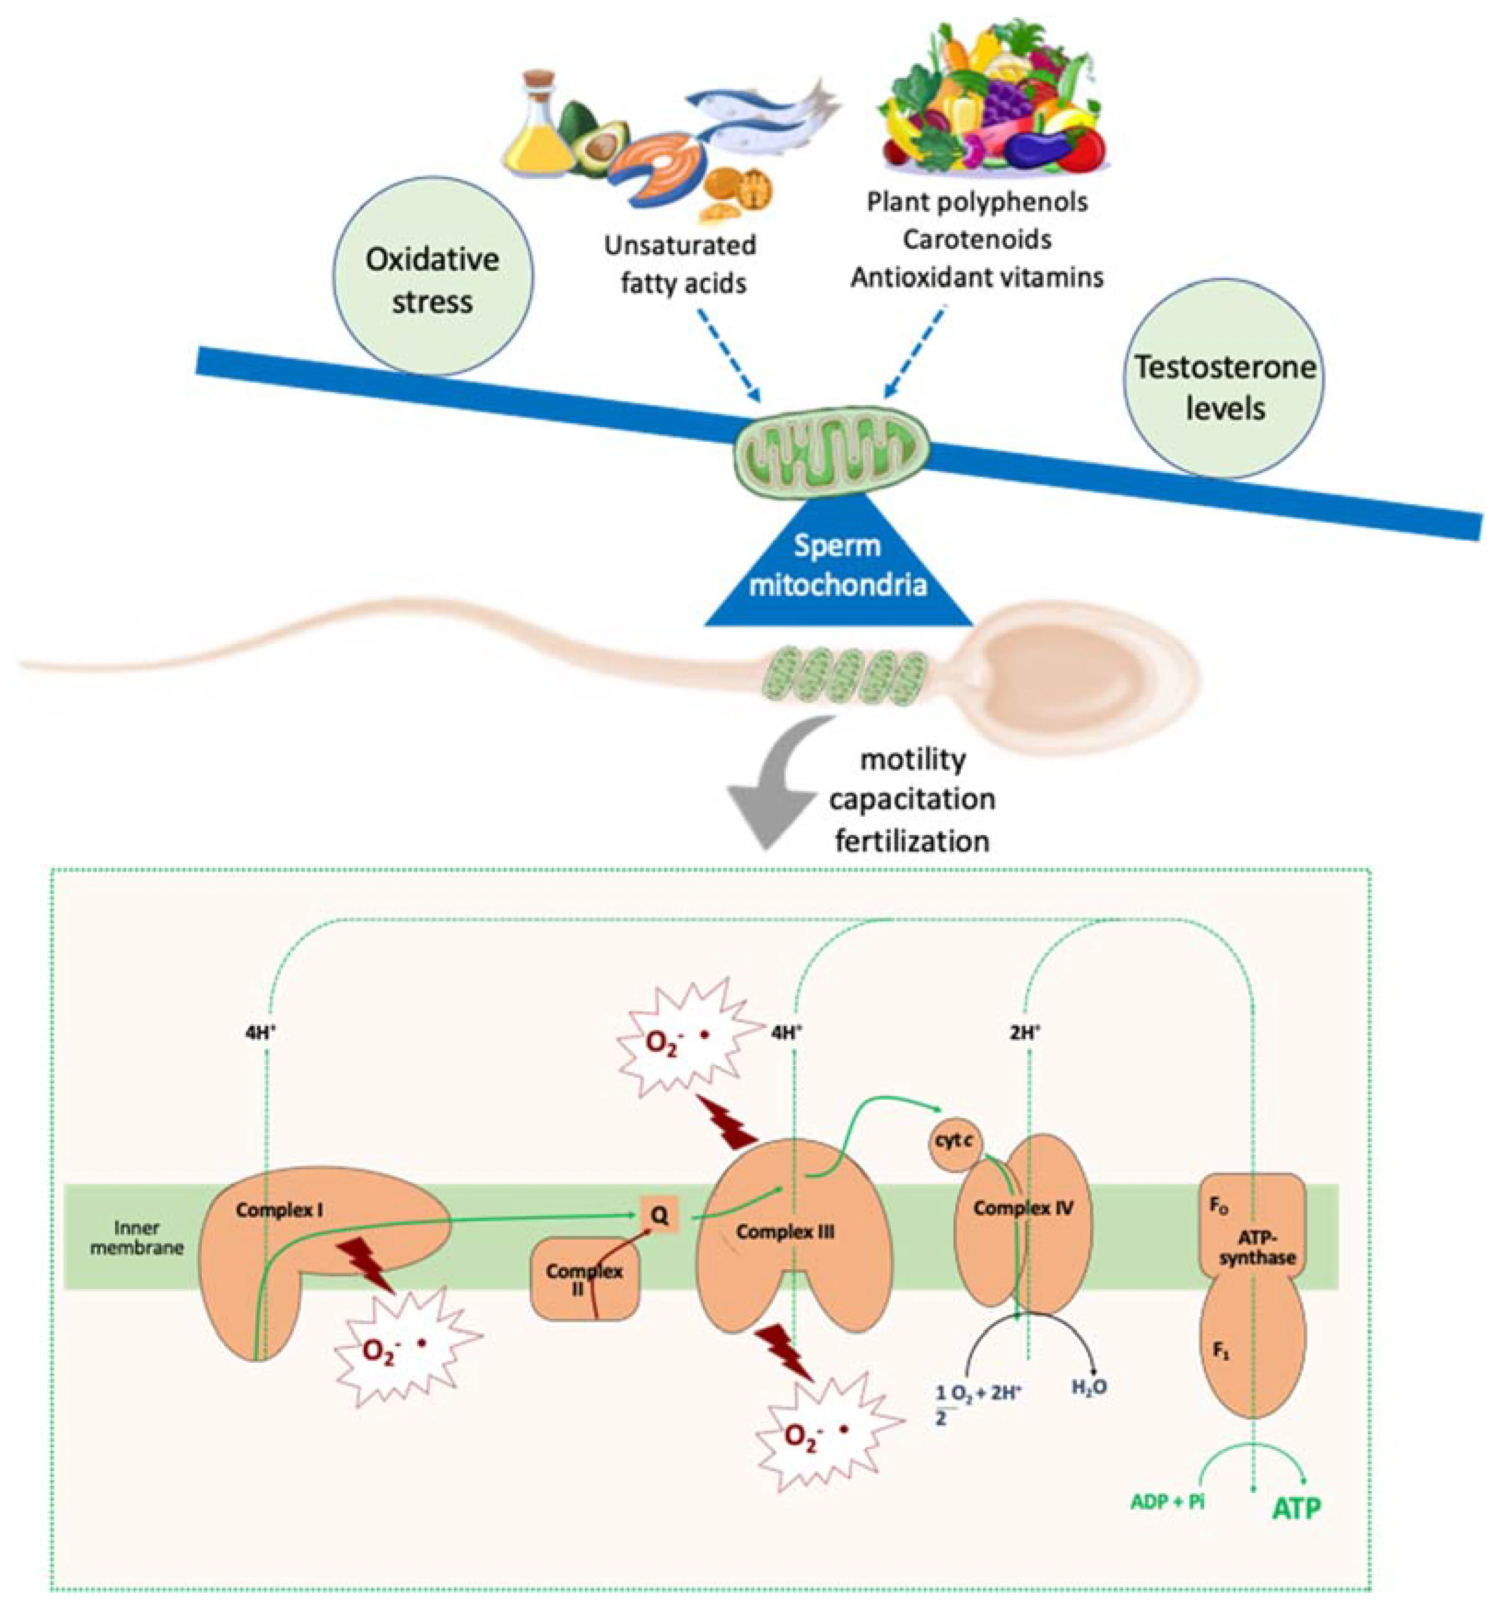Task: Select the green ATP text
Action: (x=1297, y=1508)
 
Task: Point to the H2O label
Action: (x=1088, y=1388)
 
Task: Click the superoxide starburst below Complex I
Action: (x=406, y=1348)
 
